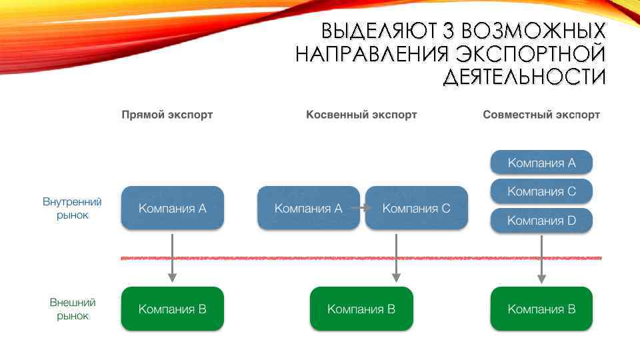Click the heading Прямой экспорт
(167, 115)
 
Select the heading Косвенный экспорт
(361, 115)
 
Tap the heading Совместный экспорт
(541, 115)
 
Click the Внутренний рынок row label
(72, 208)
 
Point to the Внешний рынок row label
(72, 309)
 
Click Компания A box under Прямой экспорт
(172, 208)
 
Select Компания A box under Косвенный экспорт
(308, 208)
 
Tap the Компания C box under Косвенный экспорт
(417, 208)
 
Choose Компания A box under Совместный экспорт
(541, 163)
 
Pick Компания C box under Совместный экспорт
(541, 191)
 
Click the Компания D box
(541, 221)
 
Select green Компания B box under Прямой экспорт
(172, 309)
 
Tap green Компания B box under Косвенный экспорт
(361, 309)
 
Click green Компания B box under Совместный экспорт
(541, 309)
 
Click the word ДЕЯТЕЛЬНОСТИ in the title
(524, 76)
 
